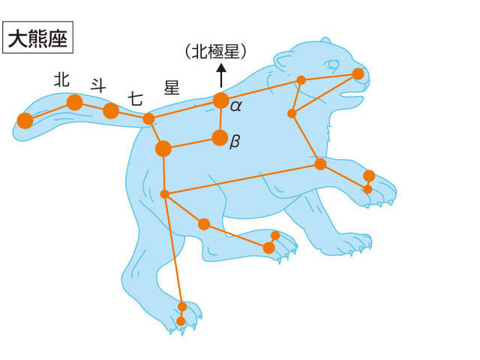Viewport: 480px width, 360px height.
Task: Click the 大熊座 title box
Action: [x=37, y=37]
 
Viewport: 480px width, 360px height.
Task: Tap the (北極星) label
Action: [x=215, y=52]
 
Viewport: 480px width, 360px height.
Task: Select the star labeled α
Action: [x=220, y=100]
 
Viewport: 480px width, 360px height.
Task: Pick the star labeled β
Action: [x=220, y=138]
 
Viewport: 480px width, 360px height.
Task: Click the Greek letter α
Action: [x=236, y=106]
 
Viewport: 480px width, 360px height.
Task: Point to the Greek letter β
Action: [x=235, y=142]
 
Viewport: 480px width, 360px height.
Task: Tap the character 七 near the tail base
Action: [x=135, y=98]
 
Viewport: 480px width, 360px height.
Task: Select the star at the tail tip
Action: [x=25, y=120]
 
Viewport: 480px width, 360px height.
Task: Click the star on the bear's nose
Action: [x=358, y=74]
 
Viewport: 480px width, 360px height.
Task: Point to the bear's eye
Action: [x=333, y=64]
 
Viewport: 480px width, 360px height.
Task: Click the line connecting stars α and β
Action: [x=220, y=119]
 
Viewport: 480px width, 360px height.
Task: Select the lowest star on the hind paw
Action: [x=181, y=321]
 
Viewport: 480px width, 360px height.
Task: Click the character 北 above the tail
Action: [x=61, y=79]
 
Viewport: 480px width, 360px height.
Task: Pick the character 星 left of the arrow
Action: [x=172, y=87]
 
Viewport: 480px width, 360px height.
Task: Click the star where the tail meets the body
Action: [x=148, y=118]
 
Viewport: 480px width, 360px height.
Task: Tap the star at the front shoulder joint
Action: [x=320, y=164]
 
